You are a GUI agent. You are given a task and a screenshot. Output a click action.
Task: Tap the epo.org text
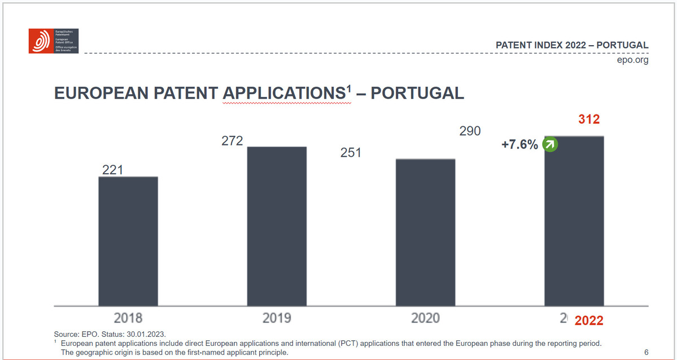633,60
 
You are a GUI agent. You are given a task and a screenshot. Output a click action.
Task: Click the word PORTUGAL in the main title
417,93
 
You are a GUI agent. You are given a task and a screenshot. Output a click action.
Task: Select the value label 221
112,170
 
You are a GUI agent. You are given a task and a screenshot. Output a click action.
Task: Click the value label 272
232,141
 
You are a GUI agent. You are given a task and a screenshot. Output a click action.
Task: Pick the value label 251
351,153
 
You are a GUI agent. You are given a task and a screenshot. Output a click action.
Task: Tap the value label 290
470,131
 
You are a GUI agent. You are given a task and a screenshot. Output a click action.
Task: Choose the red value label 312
589,120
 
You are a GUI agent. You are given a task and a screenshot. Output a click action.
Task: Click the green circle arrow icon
550,145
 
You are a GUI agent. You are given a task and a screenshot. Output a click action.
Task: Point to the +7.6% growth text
519,145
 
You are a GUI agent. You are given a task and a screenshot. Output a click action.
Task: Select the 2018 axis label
128,318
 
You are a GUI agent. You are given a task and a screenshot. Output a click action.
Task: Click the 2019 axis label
277,318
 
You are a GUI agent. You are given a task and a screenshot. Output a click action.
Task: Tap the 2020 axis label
425,318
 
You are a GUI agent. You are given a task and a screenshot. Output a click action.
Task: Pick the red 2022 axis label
589,321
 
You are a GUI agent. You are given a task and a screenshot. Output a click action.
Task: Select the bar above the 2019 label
277,226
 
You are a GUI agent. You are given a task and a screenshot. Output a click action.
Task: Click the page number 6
646,353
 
